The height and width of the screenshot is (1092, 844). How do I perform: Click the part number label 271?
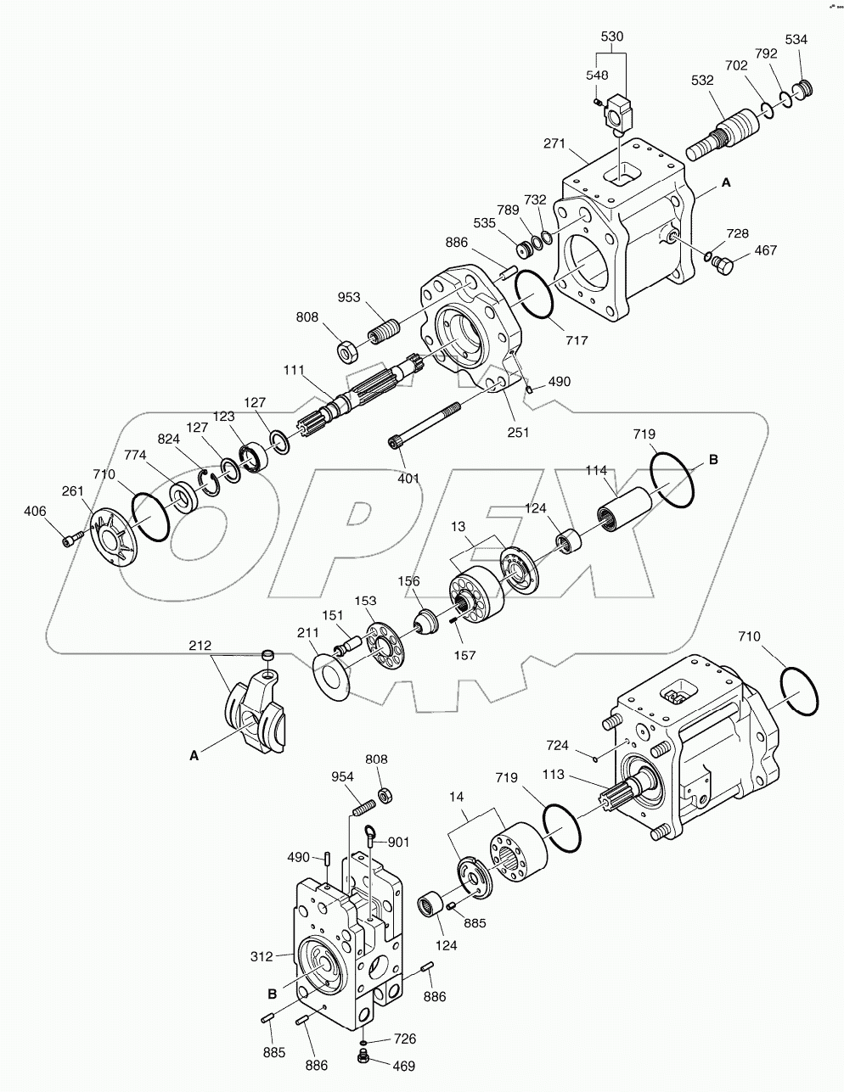554,145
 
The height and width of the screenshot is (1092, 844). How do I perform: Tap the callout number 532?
702,81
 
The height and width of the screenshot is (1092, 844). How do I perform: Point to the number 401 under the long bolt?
408,479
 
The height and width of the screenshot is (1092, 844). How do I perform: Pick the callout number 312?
262,956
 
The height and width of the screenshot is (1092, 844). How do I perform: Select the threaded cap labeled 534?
802,91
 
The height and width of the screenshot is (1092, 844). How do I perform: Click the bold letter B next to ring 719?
713,459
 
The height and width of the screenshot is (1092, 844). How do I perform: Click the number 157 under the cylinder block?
464,655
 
